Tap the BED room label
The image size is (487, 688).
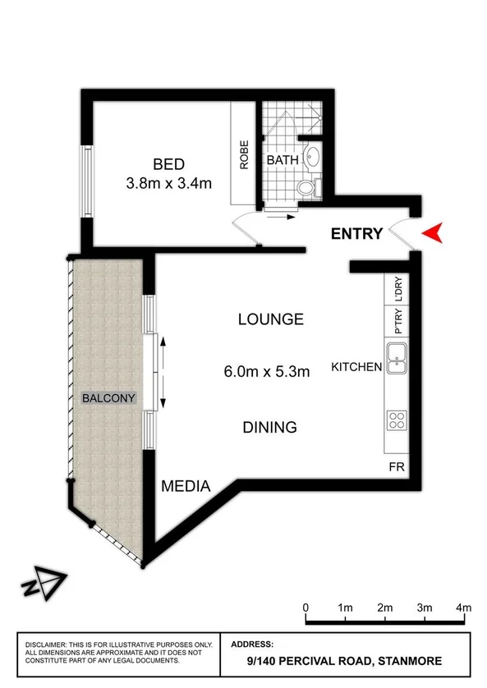tap(168, 163)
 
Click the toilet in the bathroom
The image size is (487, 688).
tap(306, 188)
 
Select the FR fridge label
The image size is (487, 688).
tap(397, 466)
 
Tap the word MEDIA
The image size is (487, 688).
tap(186, 486)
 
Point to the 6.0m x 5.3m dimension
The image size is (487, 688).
tap(267, 372)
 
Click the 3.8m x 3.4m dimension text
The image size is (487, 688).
tap(168, 183)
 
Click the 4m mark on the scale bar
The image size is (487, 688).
tap(464, 608)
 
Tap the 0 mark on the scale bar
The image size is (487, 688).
tap(306, 608)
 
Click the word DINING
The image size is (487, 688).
tap(269, 427)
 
